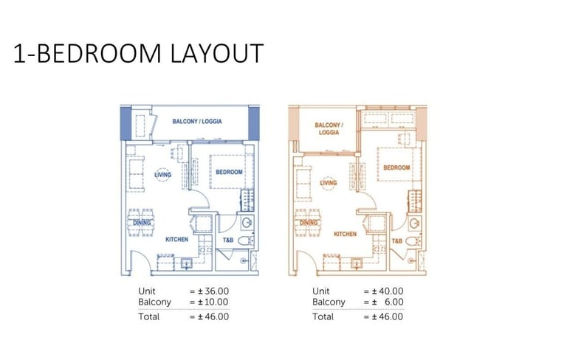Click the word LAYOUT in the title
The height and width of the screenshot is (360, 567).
coord(216,54)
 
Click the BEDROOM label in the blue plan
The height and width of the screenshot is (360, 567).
coord(229,172)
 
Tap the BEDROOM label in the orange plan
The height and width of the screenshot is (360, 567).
coord(396,167)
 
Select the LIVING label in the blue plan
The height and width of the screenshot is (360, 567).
coord(162,175)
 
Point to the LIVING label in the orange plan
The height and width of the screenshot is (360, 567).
coord(329,183)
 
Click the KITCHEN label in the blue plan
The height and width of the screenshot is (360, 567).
coord(177,239)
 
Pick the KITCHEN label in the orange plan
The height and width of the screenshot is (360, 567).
coord(346,234)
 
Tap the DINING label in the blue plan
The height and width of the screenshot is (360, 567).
coord(142,223)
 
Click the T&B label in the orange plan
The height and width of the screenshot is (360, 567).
coord(397,240)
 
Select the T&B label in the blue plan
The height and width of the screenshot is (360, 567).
coord(228,240)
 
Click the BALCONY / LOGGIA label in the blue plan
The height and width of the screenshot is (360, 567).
coord(197,122)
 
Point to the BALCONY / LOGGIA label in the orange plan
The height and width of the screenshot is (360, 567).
coord(329,128)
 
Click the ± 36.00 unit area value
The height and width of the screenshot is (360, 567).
coord(213,291)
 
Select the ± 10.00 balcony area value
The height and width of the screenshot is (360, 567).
coord(213,302)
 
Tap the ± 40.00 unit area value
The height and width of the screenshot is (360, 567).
coord(388,291)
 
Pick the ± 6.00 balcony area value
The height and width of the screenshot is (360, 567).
coord(388,302)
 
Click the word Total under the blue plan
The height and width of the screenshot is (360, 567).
coord(148,316)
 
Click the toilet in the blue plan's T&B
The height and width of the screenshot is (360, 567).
coord(246,240)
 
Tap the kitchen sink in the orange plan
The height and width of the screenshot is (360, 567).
coord(356,263)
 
